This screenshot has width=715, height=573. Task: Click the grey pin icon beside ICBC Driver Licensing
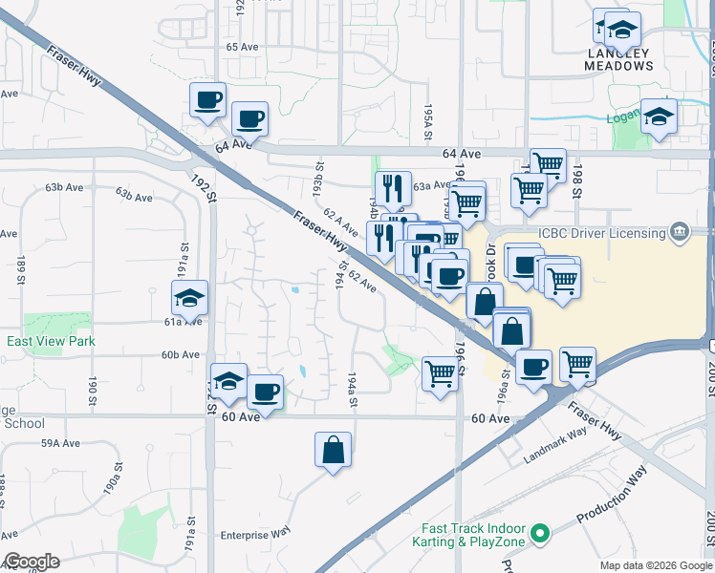coord(680,231)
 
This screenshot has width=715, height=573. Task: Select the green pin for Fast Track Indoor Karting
coord(540,533)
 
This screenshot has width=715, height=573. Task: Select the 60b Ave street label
coord(180,354)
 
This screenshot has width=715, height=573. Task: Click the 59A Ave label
coord(62,443)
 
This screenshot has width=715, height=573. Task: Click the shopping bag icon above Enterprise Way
coord(333,450)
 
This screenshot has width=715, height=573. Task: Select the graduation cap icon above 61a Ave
coord(190,297)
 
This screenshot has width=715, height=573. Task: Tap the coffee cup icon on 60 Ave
coord(265,392)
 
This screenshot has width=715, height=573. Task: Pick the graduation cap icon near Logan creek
coord(659,117)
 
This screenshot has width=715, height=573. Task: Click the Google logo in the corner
coord(31,562)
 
